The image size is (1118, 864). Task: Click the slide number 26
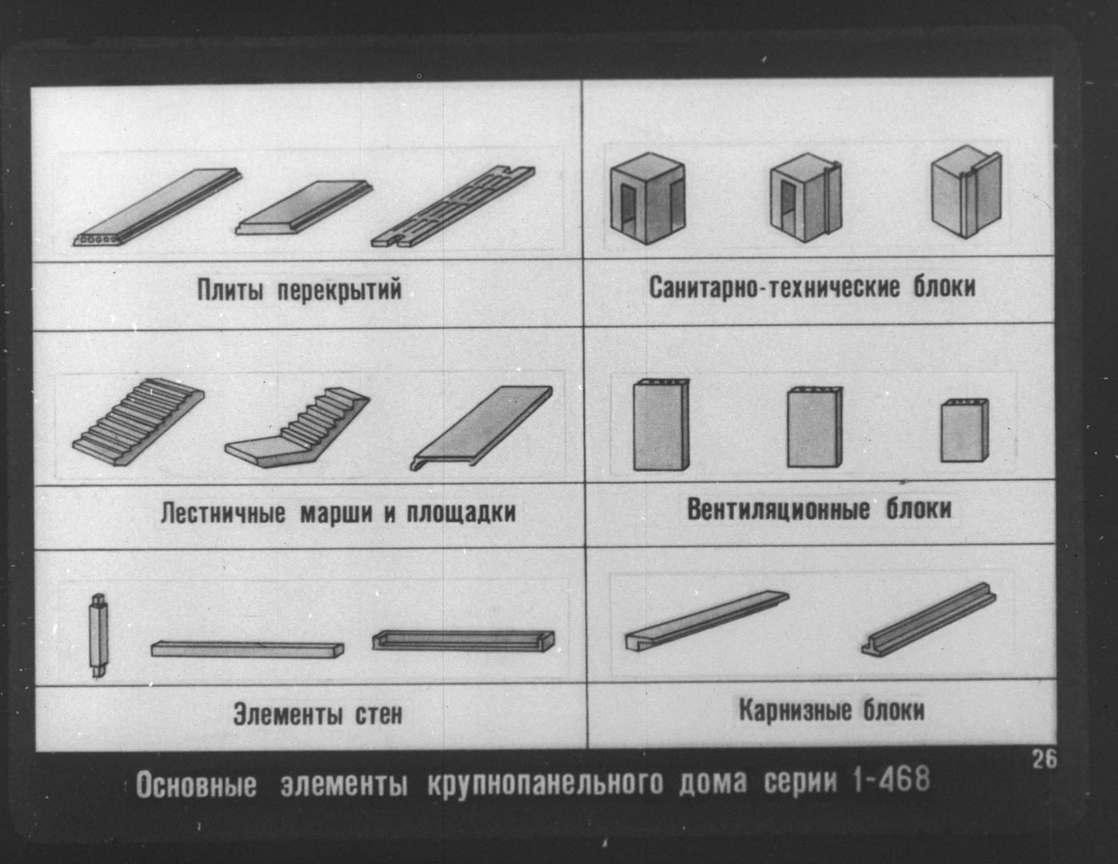pos(1044,759)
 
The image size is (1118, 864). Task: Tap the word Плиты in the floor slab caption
pos(230,290)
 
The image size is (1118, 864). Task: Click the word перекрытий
pos(340,290)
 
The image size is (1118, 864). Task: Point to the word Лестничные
pos(223,513)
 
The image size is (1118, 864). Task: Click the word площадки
pos(461,513)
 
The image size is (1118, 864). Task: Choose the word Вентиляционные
pos(778,510)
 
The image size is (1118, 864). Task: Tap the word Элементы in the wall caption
pos(288,714)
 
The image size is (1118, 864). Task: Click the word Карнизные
pos(796,710)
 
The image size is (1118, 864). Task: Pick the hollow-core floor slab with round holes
pos(157,207)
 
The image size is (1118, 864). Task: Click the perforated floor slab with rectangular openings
pos(453,206)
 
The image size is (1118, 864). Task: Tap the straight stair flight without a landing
pos(138,422)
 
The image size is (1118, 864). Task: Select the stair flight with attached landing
pos(297,428)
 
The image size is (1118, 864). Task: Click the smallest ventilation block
pos(964,430)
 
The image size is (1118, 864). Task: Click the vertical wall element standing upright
pos(99,635)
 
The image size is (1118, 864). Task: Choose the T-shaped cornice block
pos(928,619)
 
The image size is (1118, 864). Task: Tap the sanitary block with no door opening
pos(966,192)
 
